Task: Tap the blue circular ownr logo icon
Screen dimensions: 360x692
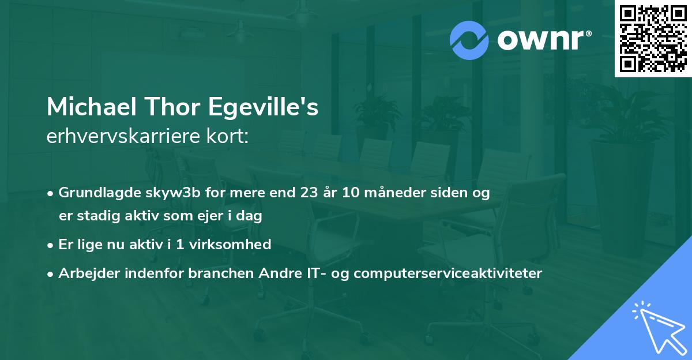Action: tap(469, 40)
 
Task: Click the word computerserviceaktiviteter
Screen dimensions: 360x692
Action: tap(447, 273)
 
